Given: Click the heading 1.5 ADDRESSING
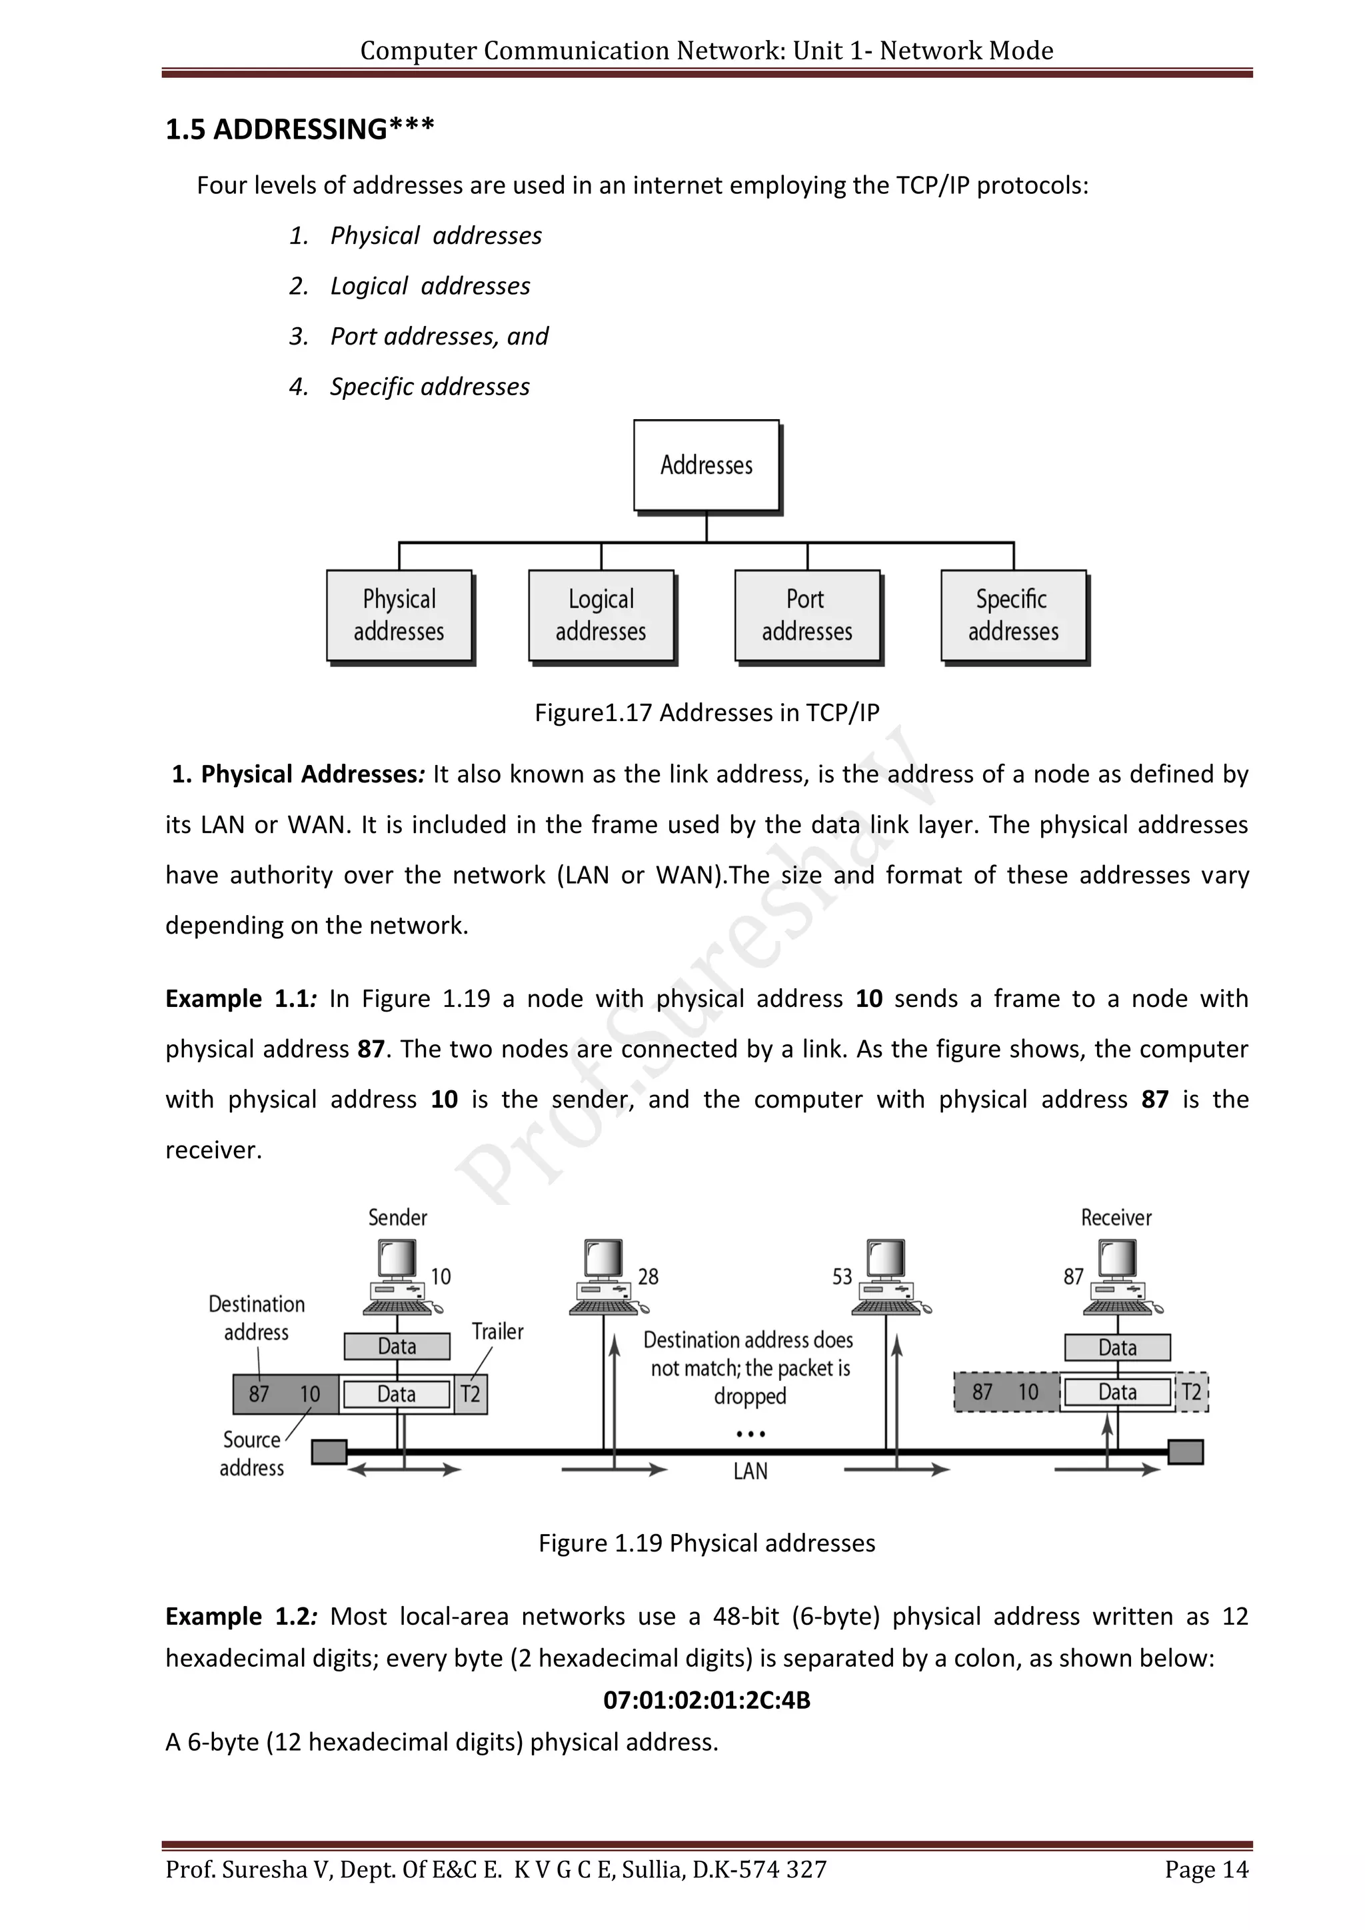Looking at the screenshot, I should [x=299, y=129].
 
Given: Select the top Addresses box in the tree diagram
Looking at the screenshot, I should [x=706, y=465].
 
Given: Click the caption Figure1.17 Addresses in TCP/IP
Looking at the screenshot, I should [x=707, y=713].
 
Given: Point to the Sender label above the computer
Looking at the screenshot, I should [x=397, y=1217].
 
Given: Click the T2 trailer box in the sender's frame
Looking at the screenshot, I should [x=471, y=1395].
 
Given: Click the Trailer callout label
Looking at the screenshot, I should [x=498, y=1332].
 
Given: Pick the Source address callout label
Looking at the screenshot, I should [x=251, y=1453].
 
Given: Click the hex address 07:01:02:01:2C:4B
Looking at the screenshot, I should [x=707, y=1699].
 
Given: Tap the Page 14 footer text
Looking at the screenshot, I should [x=1206, y=1893].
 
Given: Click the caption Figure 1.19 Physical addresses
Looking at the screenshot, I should [x=707, y=1543].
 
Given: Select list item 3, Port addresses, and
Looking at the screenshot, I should [x=439, y=337].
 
